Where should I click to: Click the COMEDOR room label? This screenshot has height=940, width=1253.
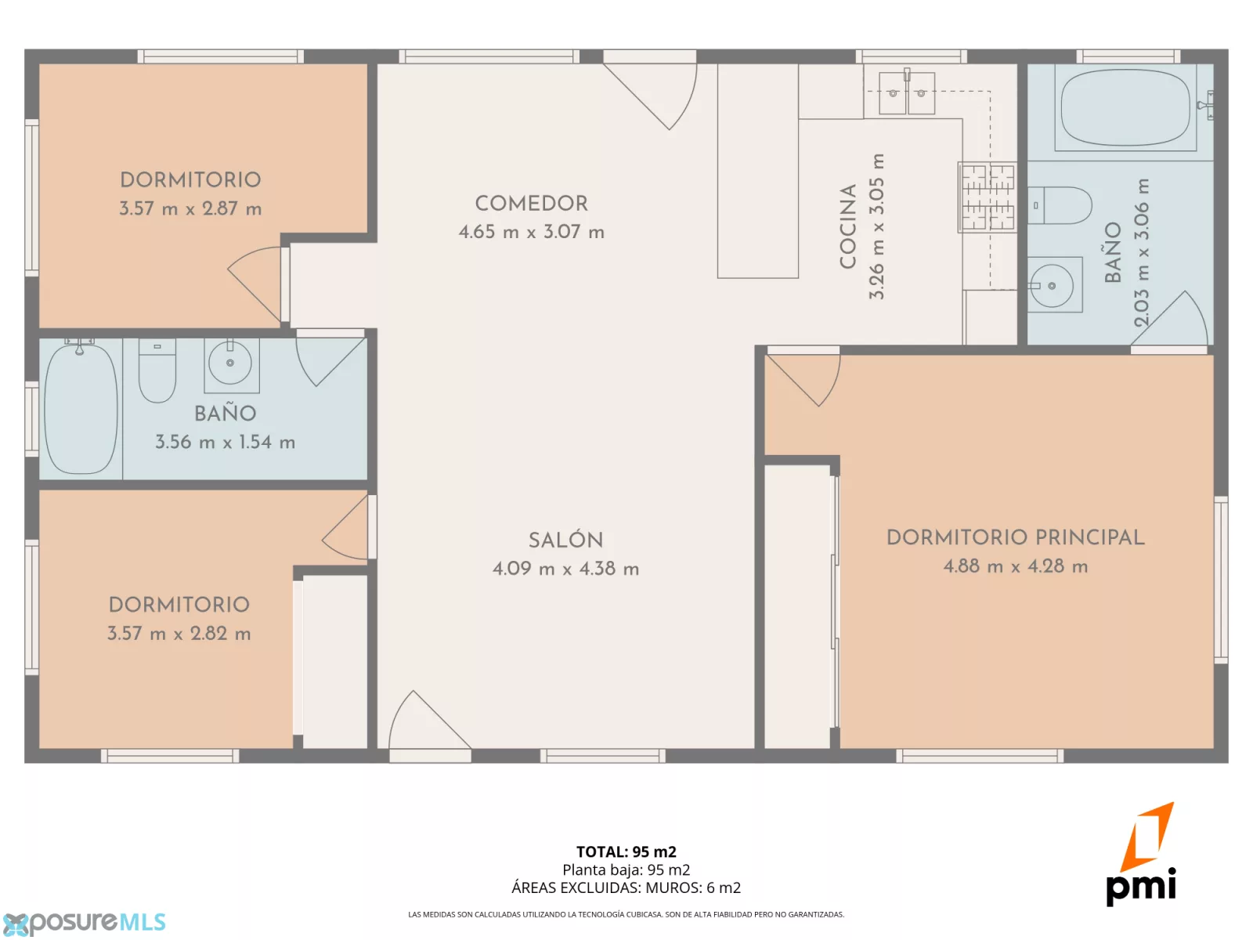pos(531,204)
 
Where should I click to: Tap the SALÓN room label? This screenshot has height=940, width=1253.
pos(565,540)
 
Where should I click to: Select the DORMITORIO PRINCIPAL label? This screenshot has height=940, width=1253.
pos(1015,537)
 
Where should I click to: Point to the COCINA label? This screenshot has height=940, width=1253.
pos(847,226)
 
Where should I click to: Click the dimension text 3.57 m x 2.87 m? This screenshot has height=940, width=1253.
pos(190,209)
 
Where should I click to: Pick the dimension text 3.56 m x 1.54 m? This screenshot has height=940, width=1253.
pos(226,443)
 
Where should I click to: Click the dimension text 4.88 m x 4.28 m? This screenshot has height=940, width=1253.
pos(1015,566)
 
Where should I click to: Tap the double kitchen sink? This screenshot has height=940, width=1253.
pos(907,92)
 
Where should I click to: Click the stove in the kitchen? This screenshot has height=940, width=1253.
pos(987,197)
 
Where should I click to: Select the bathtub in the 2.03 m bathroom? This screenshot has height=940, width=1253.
pos(1125,107)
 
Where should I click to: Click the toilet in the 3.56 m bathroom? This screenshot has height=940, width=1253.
pos(157,371)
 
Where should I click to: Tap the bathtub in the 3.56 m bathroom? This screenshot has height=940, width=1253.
pos(81,408)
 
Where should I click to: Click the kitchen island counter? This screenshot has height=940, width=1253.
pos(757,172)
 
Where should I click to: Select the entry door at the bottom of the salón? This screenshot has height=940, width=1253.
pos(430,725)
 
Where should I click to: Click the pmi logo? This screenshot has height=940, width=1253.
pos(1140,855)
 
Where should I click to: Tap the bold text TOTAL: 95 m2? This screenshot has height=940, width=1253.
pos(626,851)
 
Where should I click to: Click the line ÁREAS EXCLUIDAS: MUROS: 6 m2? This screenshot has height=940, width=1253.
pos(626,888)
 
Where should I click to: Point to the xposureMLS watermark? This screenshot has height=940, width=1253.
pos(85,923)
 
